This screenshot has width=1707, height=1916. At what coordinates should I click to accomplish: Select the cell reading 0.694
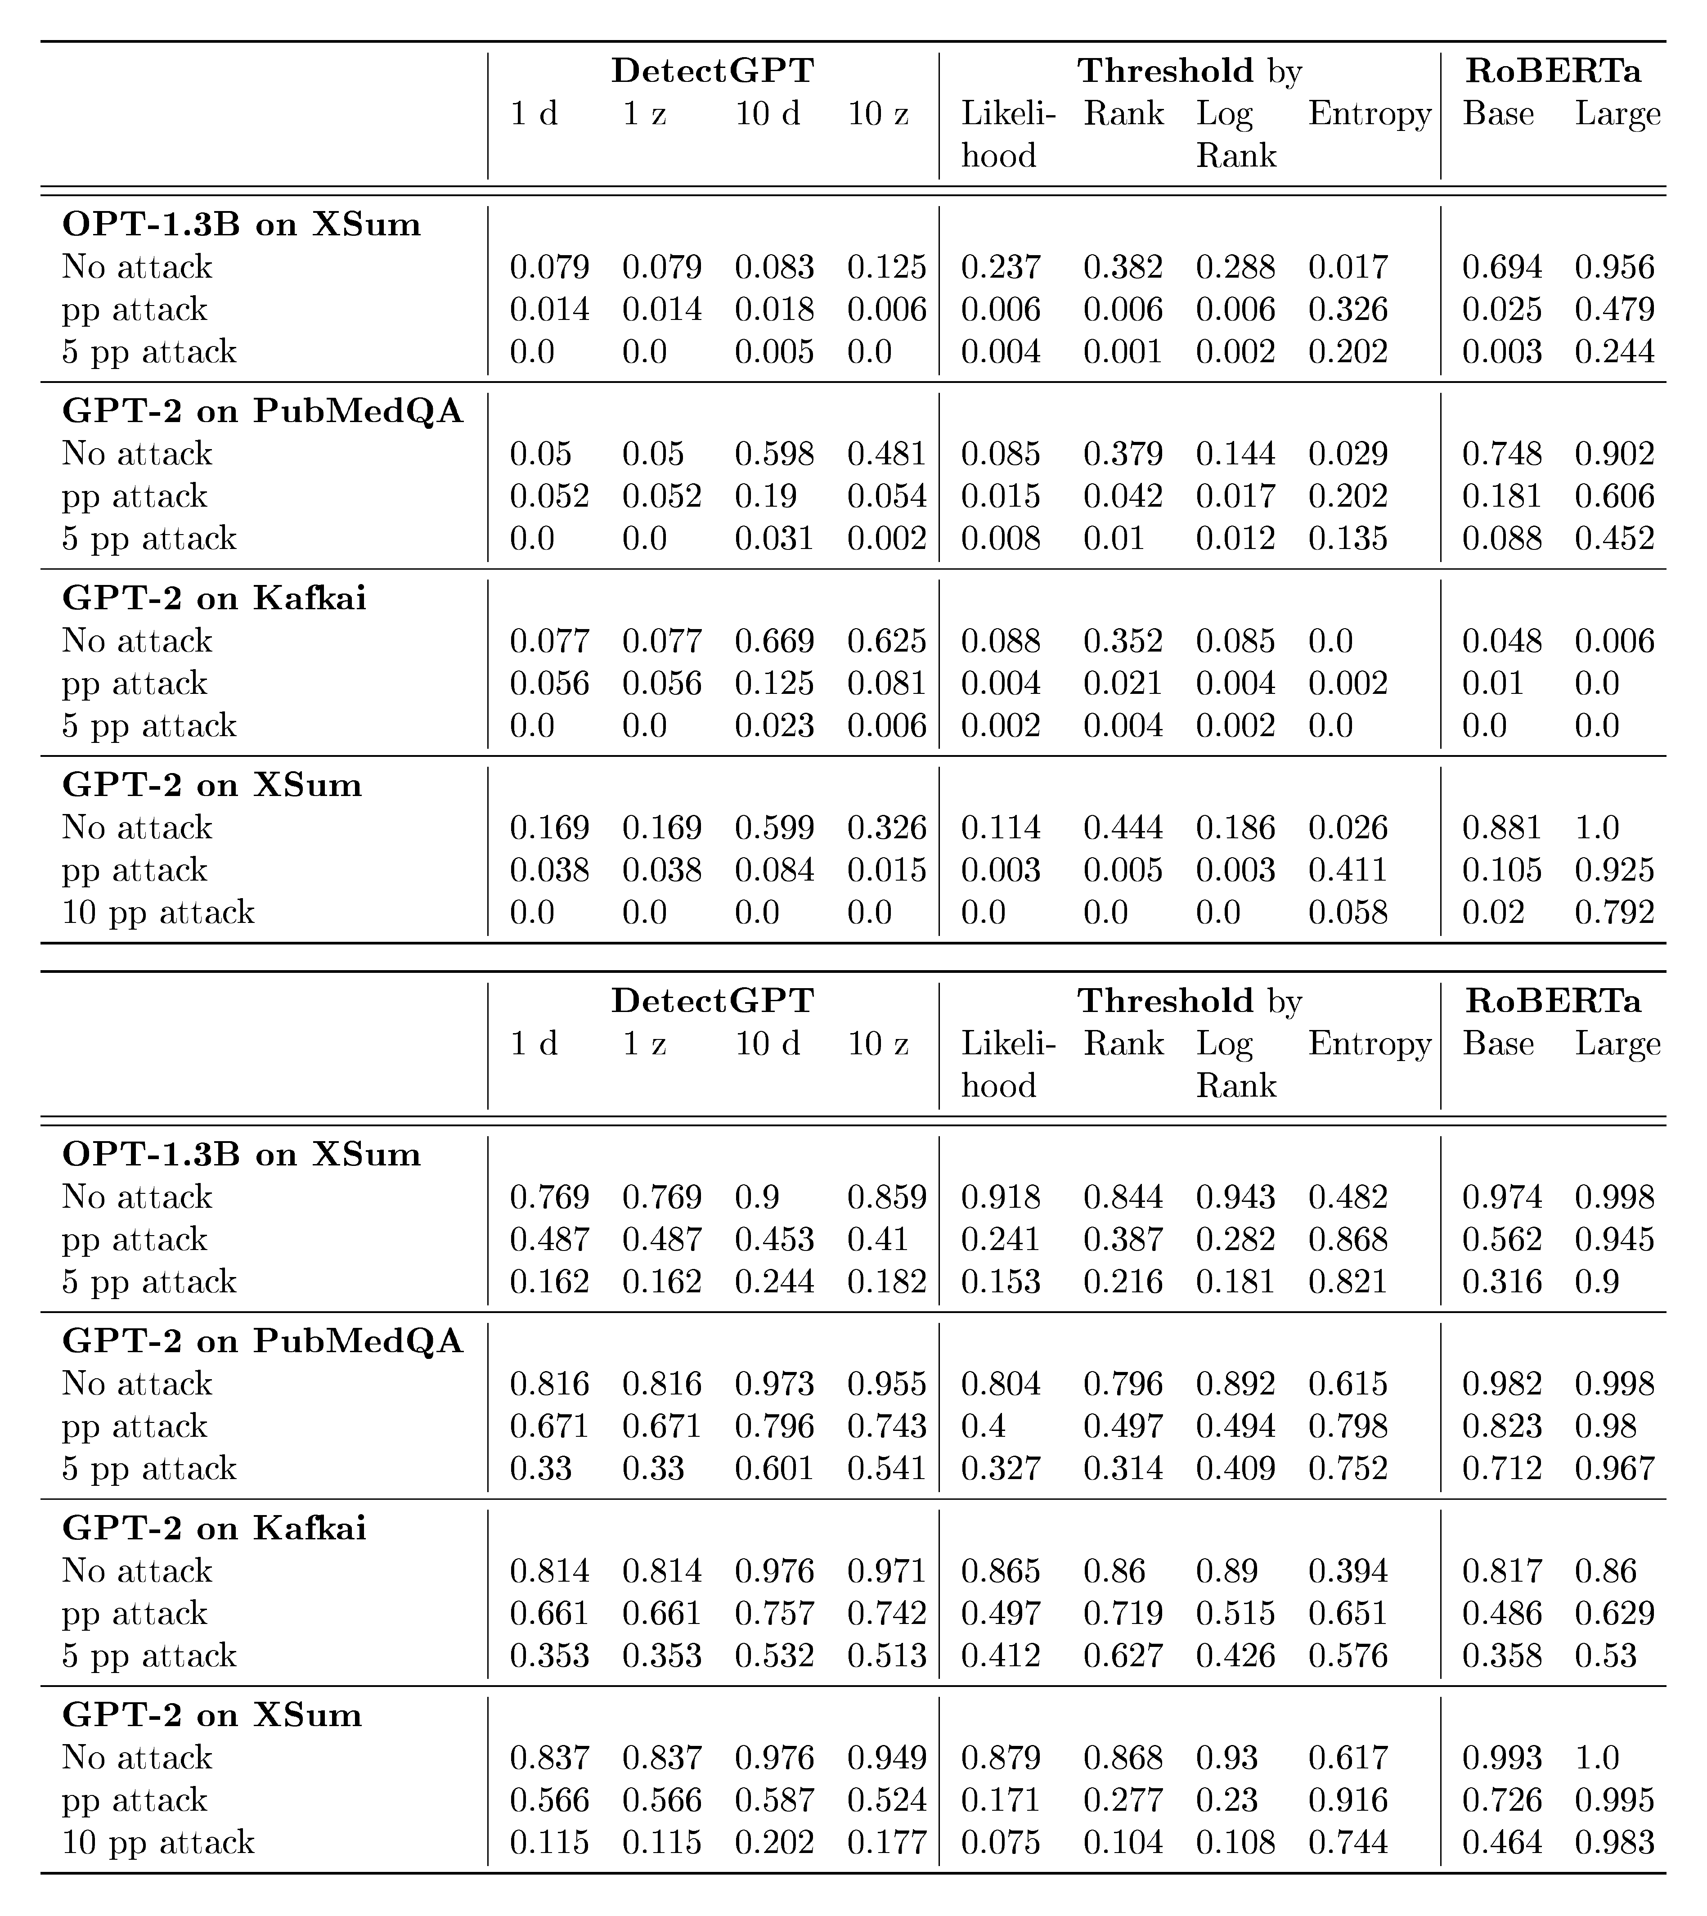[x=1501, y=267]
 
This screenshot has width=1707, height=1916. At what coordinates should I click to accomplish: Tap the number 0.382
[x=1123, y=267]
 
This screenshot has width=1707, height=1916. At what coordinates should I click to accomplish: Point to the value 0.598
[x=774, y=454]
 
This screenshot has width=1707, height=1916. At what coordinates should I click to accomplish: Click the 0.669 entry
[x=774, y=642]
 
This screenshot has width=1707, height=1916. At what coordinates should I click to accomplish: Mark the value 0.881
[x=1501, y=828]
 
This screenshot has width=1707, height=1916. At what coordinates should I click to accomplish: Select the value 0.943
[x=1235, y=1198]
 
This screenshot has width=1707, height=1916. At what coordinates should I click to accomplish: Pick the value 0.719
[x=1123, y=1614]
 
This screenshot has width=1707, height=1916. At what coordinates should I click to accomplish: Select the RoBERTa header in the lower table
[x=1553, y=1002]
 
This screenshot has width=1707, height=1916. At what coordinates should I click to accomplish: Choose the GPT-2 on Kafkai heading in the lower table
[x=214, y=1529]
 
